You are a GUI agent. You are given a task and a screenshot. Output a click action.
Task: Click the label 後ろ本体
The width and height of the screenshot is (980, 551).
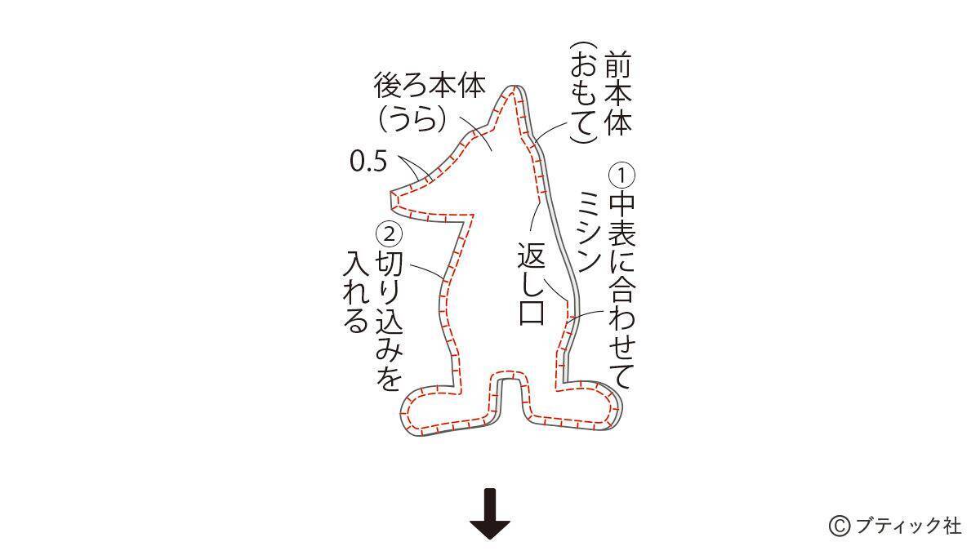(430, 86)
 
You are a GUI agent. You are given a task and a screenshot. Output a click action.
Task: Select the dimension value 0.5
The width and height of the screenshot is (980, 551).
(367, 162)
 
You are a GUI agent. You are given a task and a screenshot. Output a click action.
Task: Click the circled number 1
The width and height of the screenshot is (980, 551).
(621, 176)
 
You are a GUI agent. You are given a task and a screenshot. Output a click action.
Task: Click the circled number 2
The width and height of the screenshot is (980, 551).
(389, 233)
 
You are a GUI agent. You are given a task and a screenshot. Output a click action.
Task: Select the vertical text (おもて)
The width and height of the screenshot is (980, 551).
(583, 94)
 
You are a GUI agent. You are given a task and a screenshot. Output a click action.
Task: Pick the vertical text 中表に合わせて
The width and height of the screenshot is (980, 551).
(621, 290)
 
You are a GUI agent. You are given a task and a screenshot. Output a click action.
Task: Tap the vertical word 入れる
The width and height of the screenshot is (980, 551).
(356, 292)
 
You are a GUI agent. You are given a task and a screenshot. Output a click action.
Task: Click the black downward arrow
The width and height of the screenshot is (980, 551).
(490, 513)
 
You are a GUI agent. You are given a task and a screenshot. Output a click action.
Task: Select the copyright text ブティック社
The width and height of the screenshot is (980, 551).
(907, 526)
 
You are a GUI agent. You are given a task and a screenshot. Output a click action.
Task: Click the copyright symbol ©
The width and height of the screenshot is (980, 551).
(840, 526)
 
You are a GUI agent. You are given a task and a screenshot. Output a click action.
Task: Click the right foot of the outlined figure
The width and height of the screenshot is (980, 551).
(580, 408)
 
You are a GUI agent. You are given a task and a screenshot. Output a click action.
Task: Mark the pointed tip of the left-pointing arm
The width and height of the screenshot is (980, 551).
(393, 196)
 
